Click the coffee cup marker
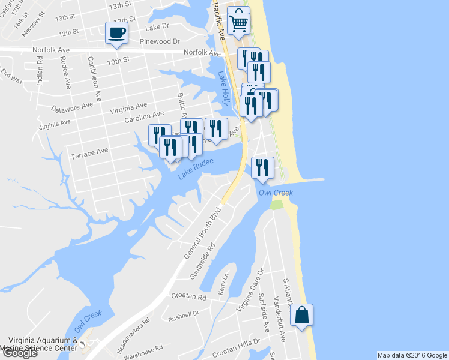coord(116,33)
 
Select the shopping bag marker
coord(301,314)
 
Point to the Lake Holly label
coord(224,88)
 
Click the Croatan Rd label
coord(188,297)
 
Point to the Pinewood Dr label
coord(160,41)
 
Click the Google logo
coord(19,353)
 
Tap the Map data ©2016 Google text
coord(412,355)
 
